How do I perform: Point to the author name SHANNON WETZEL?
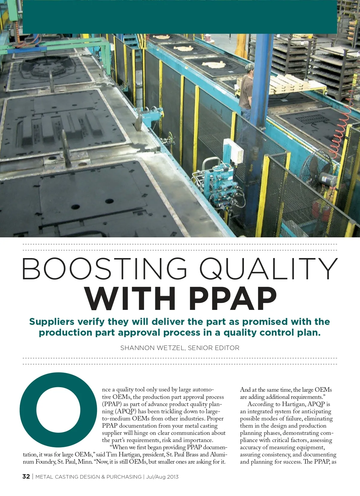coord(153,348)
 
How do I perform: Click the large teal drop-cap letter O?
coord(58,410)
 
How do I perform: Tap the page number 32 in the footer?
coord(26,477)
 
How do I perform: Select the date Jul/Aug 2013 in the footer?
coord(162,477)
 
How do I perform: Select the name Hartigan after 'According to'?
coord(293,404)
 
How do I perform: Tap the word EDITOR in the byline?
coord(229,348)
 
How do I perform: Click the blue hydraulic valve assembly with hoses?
coord(220,186)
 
